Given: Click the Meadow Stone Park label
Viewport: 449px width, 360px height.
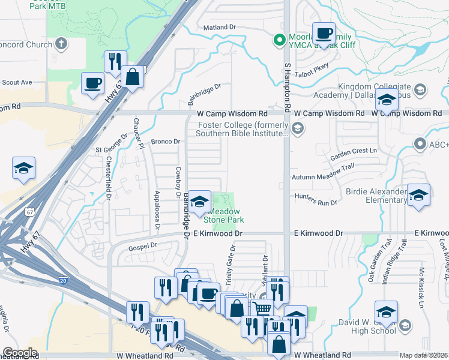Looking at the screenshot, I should coord(225,215).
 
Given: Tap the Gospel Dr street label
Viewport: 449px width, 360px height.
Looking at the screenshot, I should coord(142,246).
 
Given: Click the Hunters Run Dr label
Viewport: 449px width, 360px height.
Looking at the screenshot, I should coord(316,203).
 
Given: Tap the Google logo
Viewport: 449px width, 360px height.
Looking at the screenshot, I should coord(20,353).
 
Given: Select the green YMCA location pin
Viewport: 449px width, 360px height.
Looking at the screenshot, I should coord(279,41).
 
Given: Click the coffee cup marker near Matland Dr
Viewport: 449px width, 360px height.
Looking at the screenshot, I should coord(324,35).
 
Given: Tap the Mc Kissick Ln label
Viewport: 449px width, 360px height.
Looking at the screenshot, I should coord(421,296).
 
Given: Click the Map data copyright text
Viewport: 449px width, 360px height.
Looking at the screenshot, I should coord(424,355).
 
